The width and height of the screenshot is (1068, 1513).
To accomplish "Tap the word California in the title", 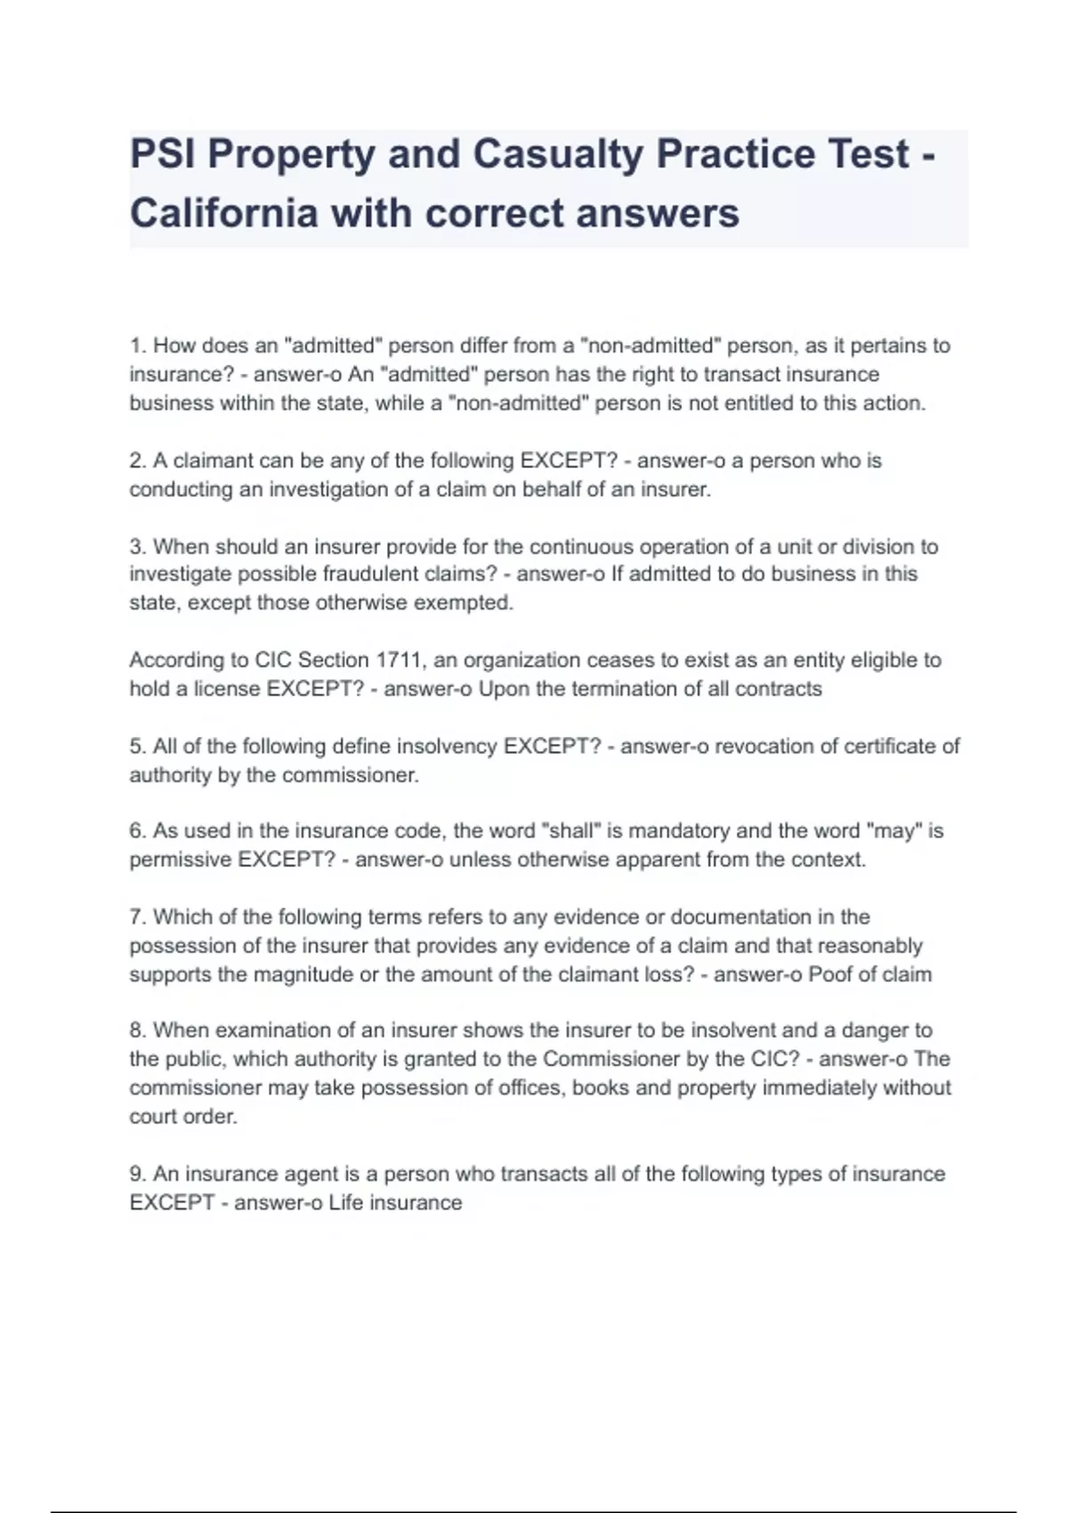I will coord(224,214).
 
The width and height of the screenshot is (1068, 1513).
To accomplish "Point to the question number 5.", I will coord(137,746).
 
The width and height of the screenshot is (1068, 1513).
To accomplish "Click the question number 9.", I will coord(137,1174).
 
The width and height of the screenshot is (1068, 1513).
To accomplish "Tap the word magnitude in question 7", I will coord(302,975).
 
